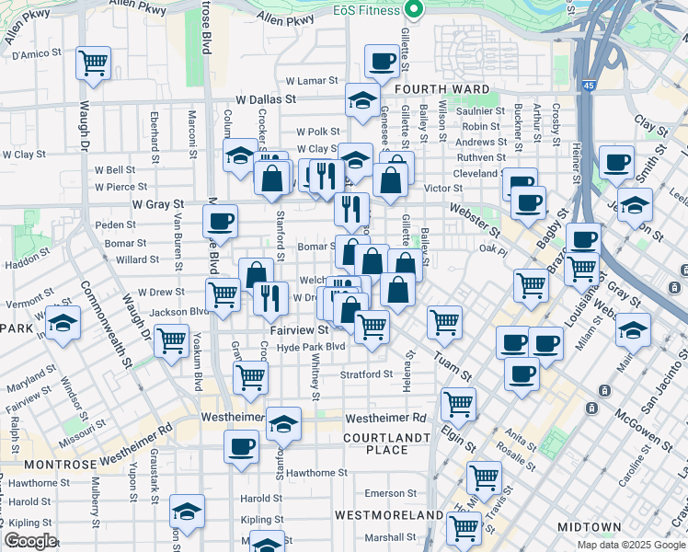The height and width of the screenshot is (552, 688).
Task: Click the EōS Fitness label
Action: (x=365, y=10)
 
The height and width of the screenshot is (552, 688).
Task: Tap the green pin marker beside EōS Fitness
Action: (x=414, y=10)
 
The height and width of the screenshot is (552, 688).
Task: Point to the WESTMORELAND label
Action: (x=377, y=513)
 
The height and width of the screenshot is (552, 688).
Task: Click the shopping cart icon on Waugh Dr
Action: (x=93, y=63)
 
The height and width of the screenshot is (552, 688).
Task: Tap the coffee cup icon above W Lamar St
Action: (x=382, y=62)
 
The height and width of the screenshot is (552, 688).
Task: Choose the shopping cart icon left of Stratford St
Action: (x=250, y=376)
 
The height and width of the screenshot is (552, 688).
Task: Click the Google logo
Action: (x=30, y=541)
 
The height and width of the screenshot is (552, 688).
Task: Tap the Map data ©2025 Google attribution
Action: (x=631, y=545)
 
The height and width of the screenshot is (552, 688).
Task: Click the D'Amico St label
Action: (x=36, y=55)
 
